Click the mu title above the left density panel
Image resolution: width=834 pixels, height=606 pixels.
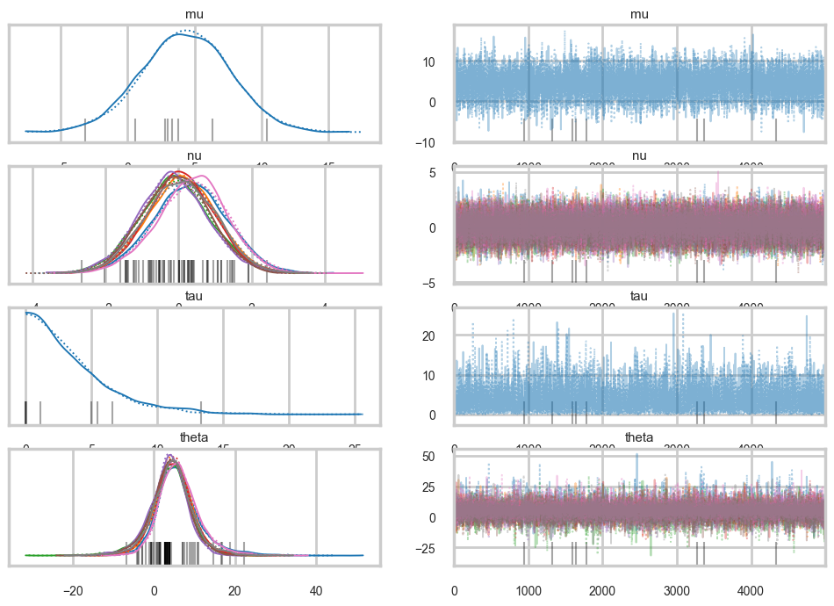click(x=194, y=15)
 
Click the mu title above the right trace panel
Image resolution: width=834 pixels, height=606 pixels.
click(x=639, y=15)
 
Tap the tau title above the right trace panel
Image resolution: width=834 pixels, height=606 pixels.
click(x=639, y=296)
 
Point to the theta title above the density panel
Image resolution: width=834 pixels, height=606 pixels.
click(x=194, y=436)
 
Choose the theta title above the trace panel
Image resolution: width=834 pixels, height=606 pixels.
click(x=639, y=436)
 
